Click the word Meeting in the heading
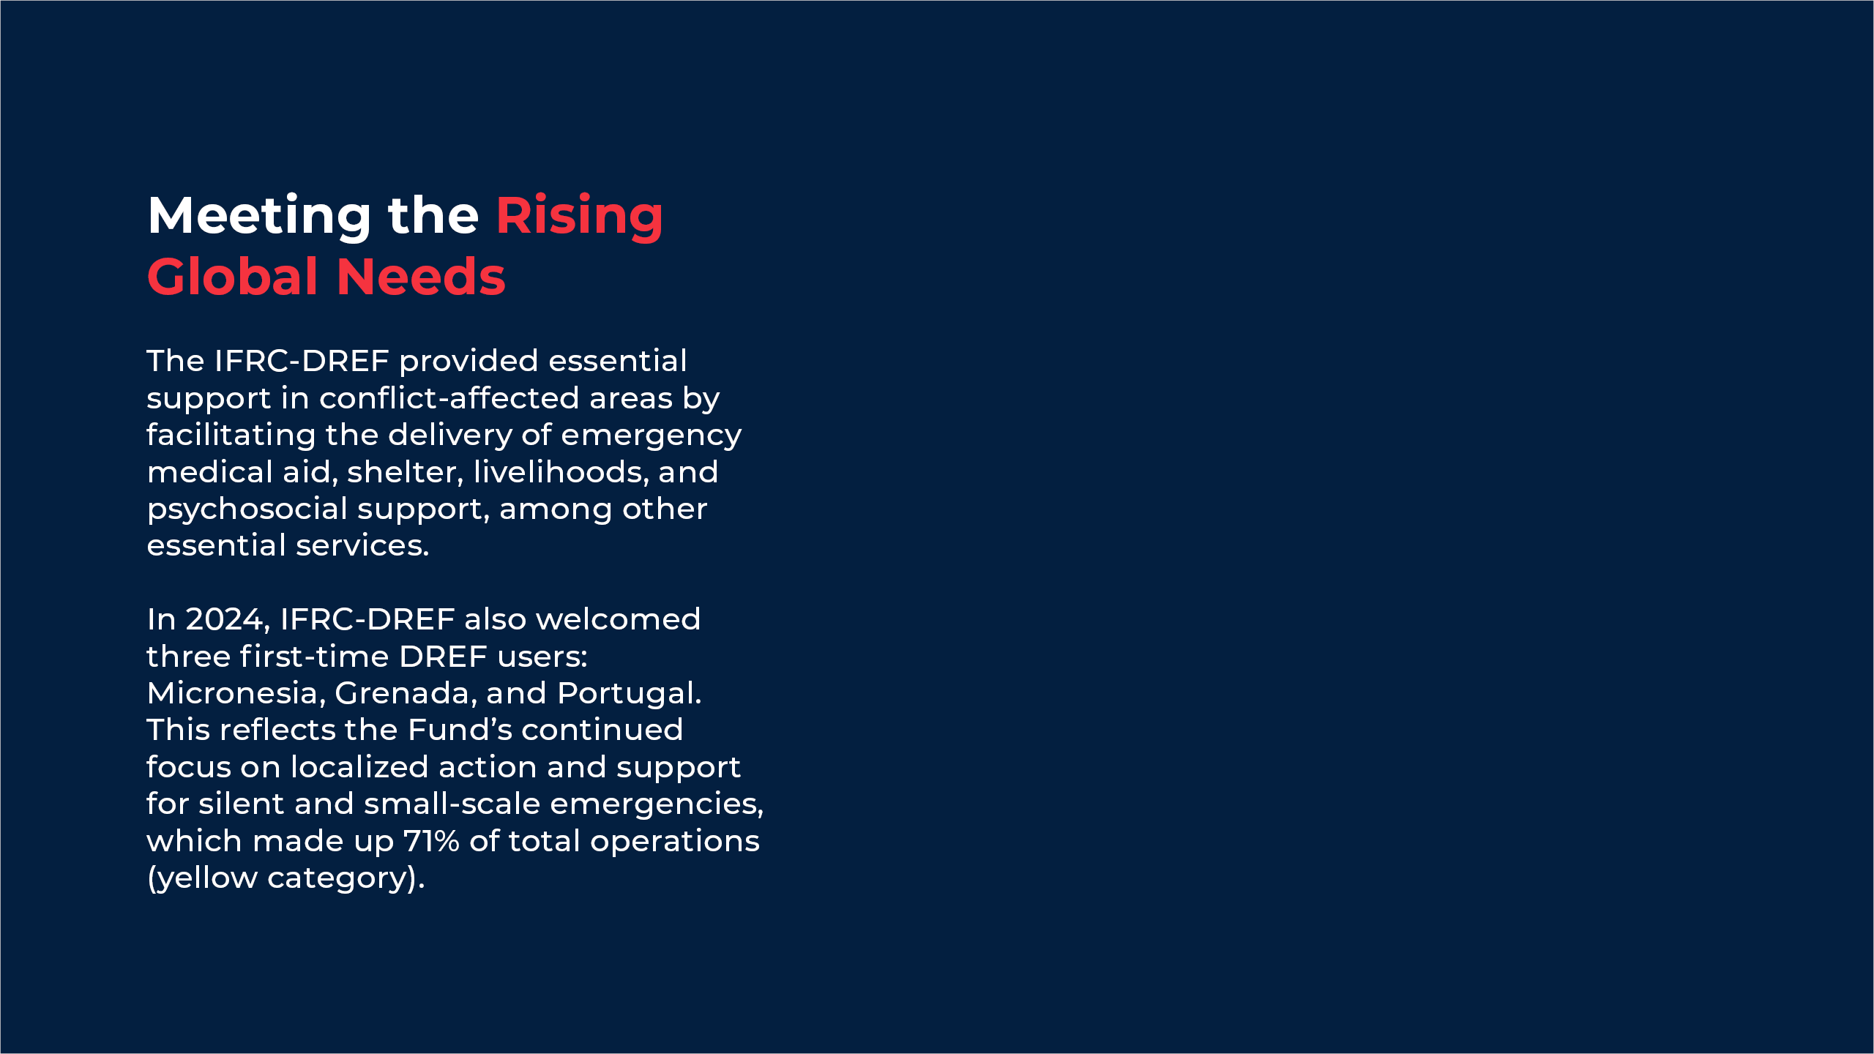(x=260, y=217)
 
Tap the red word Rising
(x=580, y=217)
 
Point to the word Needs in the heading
(x=421, y=277)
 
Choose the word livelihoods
(x=561, y=472)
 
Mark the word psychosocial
(x=247, y=509)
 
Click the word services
(x=362, y=546)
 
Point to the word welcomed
(x=619, y=620)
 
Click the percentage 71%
(x=431, y=841)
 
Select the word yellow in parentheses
(x=208, y=878)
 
